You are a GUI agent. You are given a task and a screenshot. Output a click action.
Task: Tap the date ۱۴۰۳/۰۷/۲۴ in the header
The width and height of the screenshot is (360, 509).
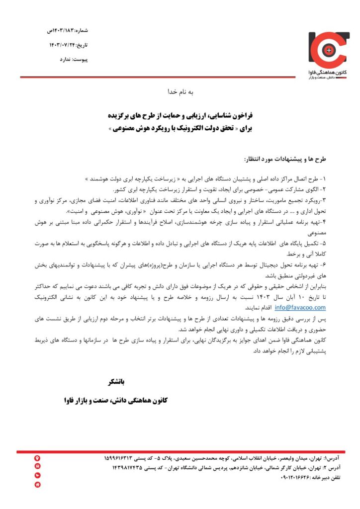[70, 45]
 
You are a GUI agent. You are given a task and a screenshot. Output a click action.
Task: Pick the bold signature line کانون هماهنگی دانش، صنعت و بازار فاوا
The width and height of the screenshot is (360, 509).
[117, 400]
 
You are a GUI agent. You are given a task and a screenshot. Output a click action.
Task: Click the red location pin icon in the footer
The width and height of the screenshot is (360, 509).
[37, 458]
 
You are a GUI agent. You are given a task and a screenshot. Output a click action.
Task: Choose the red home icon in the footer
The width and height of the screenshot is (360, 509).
[37, 485]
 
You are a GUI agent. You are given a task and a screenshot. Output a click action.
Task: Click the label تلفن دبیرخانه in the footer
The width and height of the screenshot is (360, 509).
[326, 477]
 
